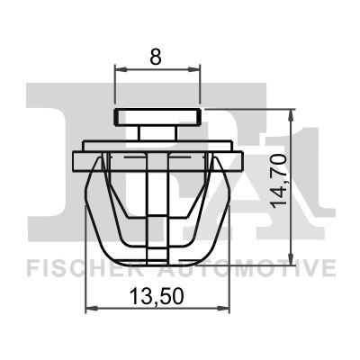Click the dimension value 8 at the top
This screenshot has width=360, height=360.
156,56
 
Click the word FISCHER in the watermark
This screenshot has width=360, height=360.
74,268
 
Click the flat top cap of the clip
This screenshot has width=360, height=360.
157,117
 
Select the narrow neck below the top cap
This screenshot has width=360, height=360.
157,132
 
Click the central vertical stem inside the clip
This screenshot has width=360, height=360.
157,198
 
